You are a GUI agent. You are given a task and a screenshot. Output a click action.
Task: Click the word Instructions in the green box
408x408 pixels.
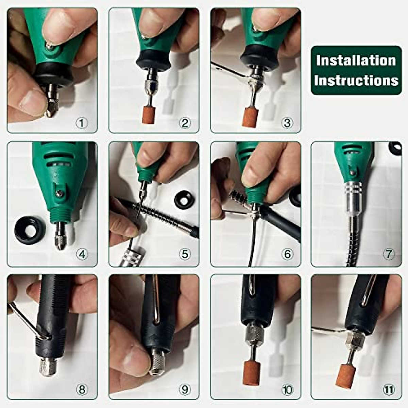pyautogui.click(x=356, y=81)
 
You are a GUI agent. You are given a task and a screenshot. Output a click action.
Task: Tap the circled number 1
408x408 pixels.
pyautogui.click(x=82, y=123)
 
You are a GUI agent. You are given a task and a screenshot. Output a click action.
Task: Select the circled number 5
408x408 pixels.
pyautogui.click(x=185, y=254)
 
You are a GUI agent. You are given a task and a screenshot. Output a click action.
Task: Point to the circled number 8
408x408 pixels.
pyautogui.click(x=82, y=389)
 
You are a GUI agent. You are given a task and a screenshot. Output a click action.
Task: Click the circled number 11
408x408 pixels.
pyautogui.click(x=389, y=390)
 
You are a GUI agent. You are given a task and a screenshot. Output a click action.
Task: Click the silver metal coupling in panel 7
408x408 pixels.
pyautogui.click(x=353, y=193)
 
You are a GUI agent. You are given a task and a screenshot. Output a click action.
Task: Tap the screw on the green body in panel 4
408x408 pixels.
pyautogui.click(x=60, y=193)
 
